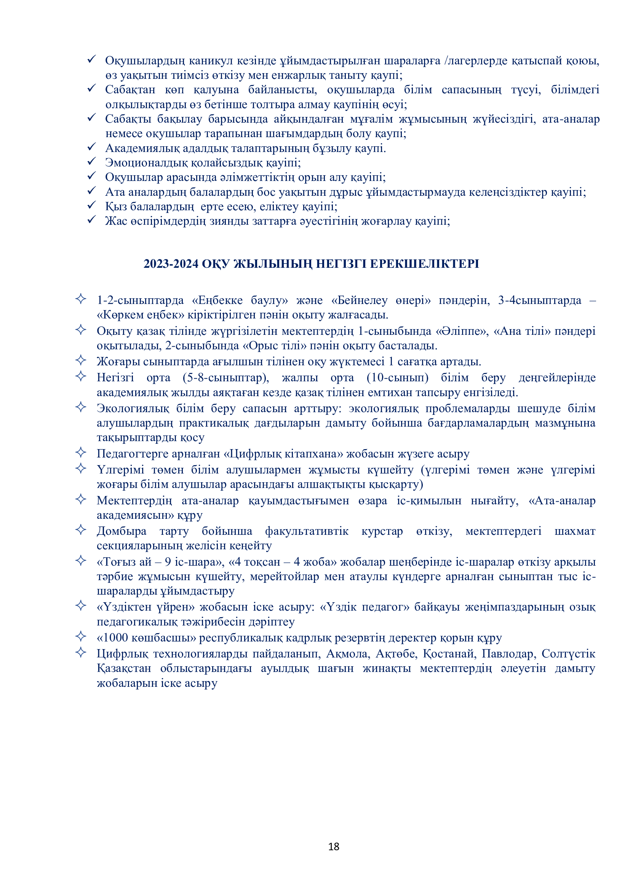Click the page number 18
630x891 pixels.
click(x=334, y=846)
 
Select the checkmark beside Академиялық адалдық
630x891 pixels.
click(x=91, y=147)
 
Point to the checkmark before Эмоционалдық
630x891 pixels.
click(x=91, y=162)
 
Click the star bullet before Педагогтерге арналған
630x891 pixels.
click(x=81, y=453)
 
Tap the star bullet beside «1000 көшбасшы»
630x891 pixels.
click(x=81, y=637)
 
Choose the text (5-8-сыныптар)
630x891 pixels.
click(x=226, y=378)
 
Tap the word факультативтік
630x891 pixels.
click(x=307, y=531)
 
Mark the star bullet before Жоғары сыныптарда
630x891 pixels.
click(x=81, y=360)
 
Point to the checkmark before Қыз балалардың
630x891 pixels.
click(x=91, y=205)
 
